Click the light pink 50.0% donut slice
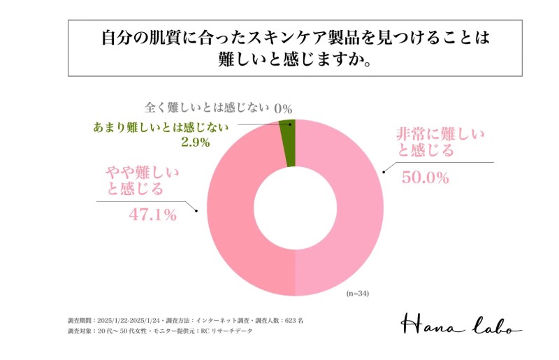349,210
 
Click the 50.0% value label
424,178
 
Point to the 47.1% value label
152,215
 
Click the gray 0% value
282,108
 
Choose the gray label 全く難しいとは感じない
206,108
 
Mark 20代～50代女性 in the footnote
122,331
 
